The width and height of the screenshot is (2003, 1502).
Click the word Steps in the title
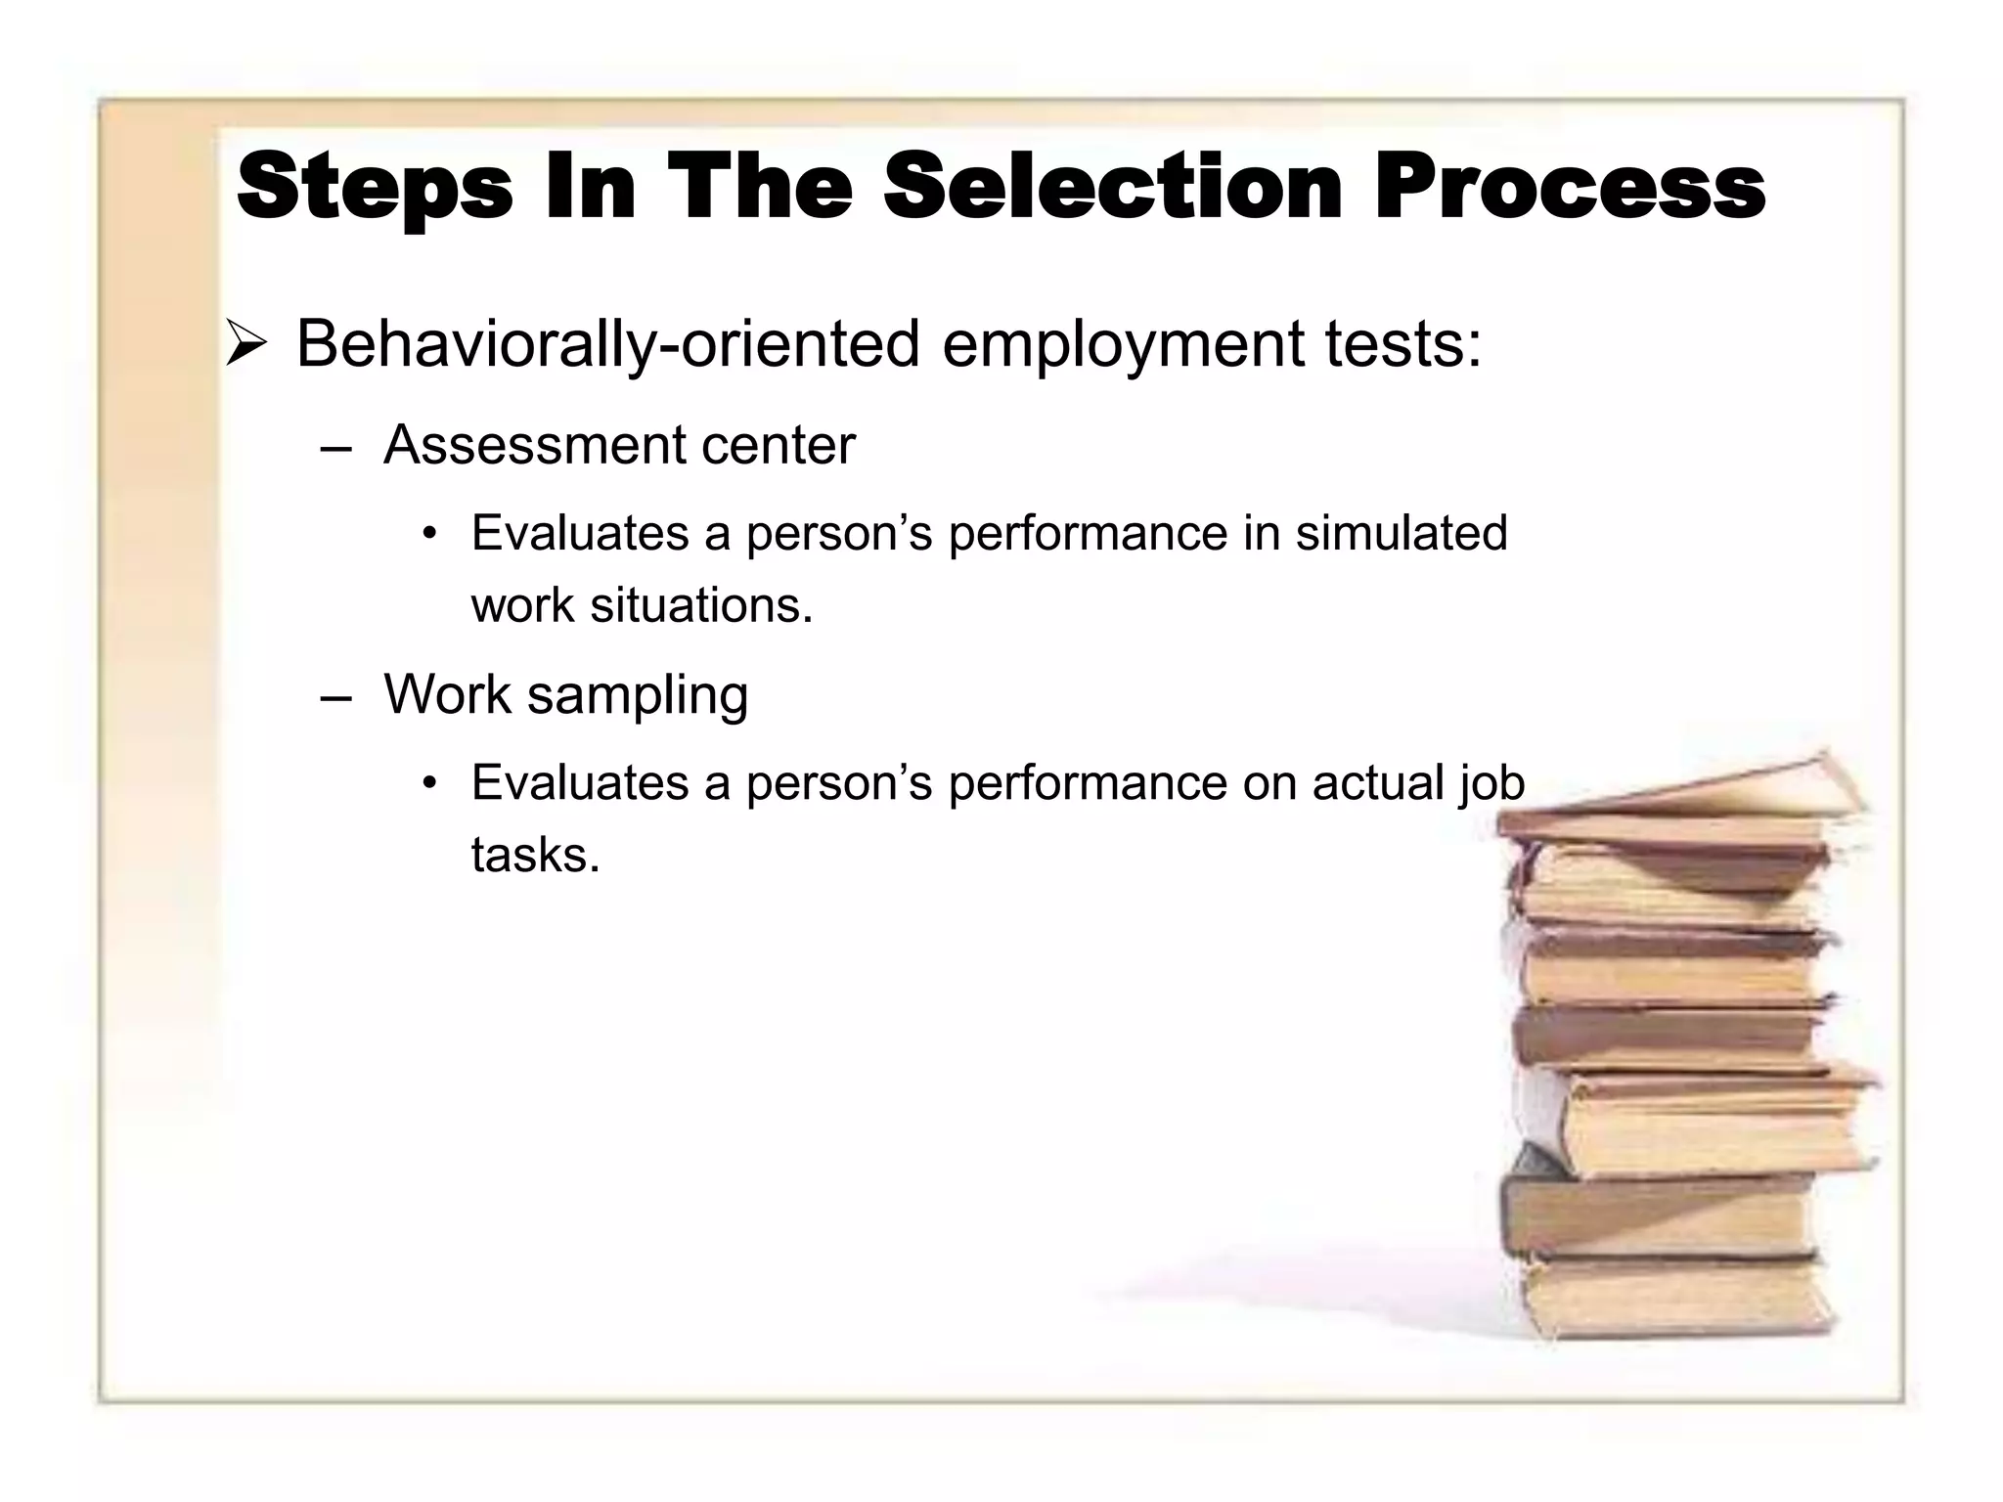click(375, 189)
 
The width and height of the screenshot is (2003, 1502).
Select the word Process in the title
click(1569, 187)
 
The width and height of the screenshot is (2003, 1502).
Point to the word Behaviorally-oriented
click(607, 345)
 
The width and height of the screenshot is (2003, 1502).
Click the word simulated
click(1401, 534)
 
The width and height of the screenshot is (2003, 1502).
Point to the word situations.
click(701, 605)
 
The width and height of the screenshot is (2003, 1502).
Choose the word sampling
click(637, 696)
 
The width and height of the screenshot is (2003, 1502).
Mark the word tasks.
click(535, 856)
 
